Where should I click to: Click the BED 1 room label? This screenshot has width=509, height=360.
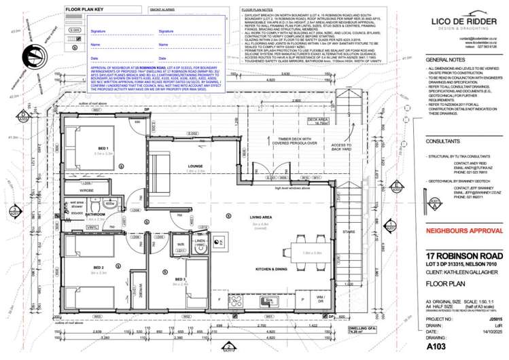pos(103,147)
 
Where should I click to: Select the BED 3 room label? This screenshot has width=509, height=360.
pos(179,279)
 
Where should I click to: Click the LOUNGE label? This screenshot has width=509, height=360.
pos(196,166)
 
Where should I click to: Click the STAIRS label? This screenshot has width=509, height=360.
pos(351,232)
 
